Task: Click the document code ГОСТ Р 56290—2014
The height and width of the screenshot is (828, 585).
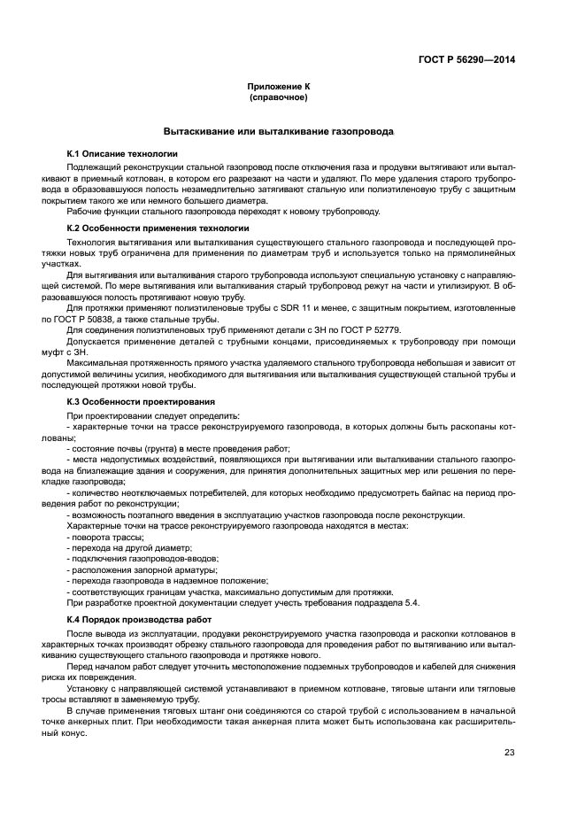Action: [467, 60]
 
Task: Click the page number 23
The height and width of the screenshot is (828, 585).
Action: [509, 753]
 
